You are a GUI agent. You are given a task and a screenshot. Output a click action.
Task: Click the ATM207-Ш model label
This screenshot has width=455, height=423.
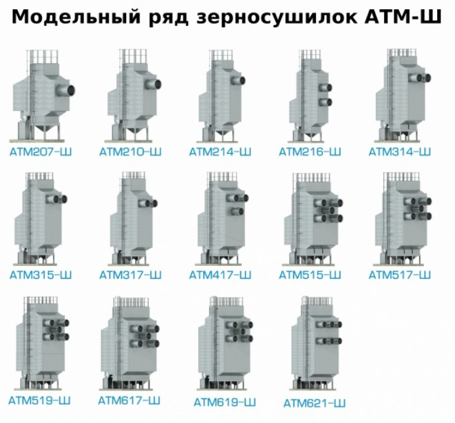coord(41,152)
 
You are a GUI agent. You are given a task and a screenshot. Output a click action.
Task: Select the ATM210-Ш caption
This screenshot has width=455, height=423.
coord(130,152)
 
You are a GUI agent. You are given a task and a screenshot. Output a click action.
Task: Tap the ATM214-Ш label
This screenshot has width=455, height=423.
coord(221,152)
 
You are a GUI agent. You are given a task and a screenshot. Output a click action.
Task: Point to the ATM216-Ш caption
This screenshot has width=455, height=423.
coord(310,152)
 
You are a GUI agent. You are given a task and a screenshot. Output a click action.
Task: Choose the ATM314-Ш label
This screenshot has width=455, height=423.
coord(400,152)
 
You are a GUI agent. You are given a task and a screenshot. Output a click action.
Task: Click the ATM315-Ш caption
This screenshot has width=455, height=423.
coord(41,275)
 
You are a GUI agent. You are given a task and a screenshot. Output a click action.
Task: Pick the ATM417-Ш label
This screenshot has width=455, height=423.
coord(221,275)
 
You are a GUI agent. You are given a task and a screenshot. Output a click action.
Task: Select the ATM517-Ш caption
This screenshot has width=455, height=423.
coord(400,275)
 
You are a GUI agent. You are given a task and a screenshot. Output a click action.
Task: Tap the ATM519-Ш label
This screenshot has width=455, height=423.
coord(39,400)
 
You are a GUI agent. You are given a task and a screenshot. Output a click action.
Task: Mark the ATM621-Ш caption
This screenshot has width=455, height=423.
coord(315,403)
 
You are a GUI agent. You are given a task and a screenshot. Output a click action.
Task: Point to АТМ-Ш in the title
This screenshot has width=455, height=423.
coord(403,17)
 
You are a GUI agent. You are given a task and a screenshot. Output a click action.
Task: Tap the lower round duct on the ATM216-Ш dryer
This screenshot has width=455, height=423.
coord(325,102)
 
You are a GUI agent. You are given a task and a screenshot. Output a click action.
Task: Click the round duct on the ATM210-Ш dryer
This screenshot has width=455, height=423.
coord(153,84)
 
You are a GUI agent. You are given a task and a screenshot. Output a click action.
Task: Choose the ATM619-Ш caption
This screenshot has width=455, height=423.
coord(225,402)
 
